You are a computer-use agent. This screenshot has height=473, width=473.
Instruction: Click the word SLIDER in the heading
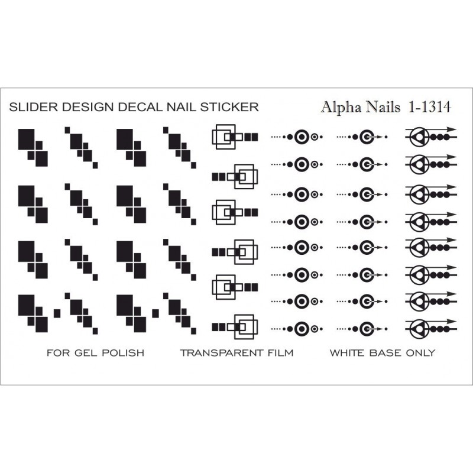33,107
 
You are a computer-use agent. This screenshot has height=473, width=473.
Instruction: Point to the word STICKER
229,107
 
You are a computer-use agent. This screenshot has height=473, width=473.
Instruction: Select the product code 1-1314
430,107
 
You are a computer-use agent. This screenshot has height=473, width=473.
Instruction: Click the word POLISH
123,352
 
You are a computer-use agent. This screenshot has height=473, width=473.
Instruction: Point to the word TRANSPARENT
222,352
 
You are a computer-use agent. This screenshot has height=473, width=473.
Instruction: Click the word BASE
385,352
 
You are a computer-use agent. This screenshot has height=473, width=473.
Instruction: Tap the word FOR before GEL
59,352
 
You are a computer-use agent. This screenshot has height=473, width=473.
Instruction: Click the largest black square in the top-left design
26,140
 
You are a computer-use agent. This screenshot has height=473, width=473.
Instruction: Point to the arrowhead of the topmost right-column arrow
451,129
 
